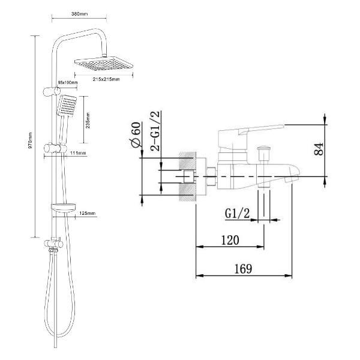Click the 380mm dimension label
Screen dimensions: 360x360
click(x=79, y=14)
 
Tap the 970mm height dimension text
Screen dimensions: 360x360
click(x=30, y=140)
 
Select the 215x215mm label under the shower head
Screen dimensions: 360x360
click(x=106, y=79)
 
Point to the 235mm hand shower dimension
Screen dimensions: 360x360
click(x=88, y=121)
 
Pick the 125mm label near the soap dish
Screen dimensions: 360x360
click(x=87, y=213)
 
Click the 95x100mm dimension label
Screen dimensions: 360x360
click(x=67, y=82)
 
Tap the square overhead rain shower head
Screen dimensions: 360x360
click(x=104, y=64)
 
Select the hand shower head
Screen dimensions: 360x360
click(x=67, y=106)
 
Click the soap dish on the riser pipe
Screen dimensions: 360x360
click(x=63, y=207)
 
